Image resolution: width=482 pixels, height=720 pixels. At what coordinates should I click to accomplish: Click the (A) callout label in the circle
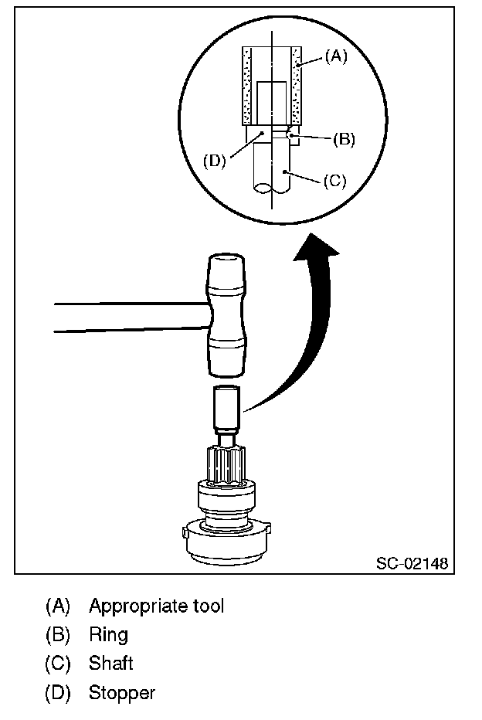[334, 56]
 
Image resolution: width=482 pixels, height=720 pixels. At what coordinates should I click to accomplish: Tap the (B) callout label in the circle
[344, 140]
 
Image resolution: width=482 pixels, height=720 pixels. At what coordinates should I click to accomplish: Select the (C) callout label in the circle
[334, 181]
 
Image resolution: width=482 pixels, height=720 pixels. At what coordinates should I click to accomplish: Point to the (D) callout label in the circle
[214, 161]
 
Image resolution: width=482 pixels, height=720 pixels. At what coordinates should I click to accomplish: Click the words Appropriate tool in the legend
[156, 606]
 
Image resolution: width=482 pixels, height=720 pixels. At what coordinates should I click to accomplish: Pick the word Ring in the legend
[108, 635]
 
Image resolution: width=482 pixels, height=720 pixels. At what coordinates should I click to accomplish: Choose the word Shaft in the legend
[111, 664]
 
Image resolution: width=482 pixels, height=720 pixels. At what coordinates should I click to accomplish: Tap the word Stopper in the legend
[122, 693]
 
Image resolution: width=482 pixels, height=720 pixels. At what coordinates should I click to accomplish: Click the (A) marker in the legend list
[58, 606]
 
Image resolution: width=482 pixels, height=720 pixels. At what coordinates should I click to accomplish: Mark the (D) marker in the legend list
[58, 693]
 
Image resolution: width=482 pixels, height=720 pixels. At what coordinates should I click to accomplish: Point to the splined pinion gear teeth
[227, 463]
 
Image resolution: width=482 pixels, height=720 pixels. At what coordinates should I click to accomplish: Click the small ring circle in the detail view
[290, 135]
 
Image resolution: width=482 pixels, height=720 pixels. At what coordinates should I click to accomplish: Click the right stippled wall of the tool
[295, 85]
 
